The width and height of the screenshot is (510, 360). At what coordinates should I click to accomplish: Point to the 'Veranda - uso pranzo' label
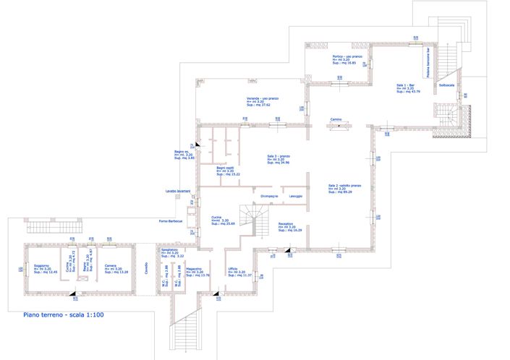coord(263,98)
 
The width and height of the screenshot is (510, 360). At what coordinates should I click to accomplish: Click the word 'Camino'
coord(336,119)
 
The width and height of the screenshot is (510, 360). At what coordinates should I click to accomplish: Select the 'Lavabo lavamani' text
coord(177,190)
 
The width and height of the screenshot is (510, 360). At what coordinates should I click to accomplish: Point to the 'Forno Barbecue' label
coord(169,221)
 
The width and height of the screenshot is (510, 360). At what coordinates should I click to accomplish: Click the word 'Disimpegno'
coord(269,197)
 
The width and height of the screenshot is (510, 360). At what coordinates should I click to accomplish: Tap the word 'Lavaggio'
coord(296,197)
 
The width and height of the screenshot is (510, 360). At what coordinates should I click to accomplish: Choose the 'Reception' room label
coord(286,224)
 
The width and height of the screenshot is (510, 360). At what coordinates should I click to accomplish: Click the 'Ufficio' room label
coord(233,268)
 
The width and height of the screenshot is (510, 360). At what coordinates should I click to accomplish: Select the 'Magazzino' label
coord(193,268)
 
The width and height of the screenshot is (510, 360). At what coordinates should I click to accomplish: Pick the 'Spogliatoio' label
coord(170,249)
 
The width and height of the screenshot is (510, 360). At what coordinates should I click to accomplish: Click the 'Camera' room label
coord(111,265)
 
